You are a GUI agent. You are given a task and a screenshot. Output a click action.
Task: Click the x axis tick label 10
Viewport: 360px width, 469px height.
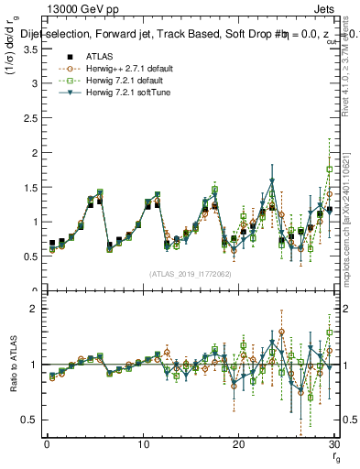click(x=143, y=444)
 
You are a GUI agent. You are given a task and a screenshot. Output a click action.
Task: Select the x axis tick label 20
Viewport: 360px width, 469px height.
click(x=239, y=444)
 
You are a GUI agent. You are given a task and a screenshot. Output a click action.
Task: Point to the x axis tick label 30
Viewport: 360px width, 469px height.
click(x=334, y=444)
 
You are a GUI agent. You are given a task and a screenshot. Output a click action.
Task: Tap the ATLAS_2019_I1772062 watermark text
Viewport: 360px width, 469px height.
click(x=190, y=273)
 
